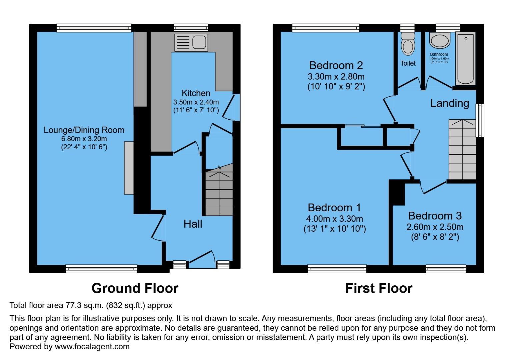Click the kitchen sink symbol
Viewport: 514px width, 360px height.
click(x=191, y=42)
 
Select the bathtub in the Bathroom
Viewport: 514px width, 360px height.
click(x=466, y=59)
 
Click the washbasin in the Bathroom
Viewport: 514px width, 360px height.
click(x=440, y=41)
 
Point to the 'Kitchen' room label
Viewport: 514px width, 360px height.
click(x=196, y=93)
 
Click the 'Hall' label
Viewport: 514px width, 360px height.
click(x=193, y=224)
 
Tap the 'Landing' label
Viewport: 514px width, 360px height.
click(x=449, y=103)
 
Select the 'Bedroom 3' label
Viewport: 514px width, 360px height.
click(x=435, y=216)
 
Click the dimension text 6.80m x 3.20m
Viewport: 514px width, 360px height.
click(x=84, y=139)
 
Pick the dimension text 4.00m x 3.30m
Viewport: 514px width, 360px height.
click(x=334, y=219)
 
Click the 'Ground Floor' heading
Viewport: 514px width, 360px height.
click(x=135, y=288)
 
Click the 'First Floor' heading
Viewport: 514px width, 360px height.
click(x=379, y=288)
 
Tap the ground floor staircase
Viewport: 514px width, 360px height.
click(x=219, y=193)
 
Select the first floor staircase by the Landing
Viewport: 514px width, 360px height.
click(x=462, y=150)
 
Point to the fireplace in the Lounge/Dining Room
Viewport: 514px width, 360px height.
click(x=129, y=168)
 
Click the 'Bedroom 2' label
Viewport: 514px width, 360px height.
click(x=336, y=65)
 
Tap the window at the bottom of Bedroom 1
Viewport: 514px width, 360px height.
click(x=337, y=268)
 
